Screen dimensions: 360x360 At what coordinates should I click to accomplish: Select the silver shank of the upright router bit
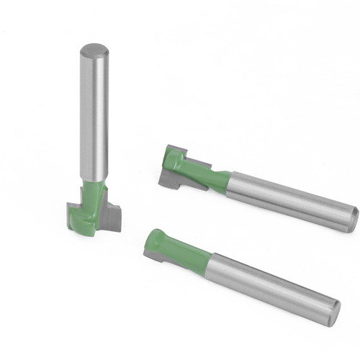pyautogui.click(x=94, y=115)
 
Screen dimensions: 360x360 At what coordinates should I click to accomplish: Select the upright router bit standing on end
pyautogui.click(x=94, y=144)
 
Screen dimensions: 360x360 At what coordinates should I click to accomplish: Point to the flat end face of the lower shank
pyautogui.click(x=332, y=312)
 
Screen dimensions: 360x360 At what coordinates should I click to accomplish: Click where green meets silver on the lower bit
pyautogui.click(x=211, y=261)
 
